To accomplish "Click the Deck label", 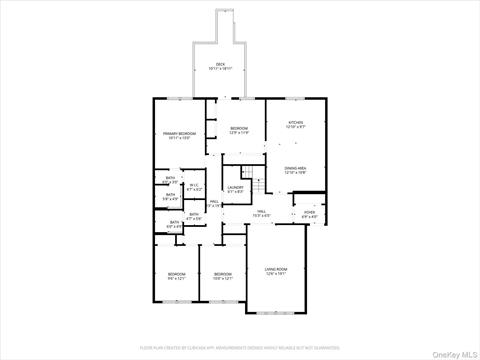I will click(x=221, y=66).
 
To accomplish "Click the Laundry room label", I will click(x=236, y=189).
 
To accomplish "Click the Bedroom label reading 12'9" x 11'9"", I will click(x=239, y=130).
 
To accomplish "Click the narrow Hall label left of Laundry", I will click(x=214, y=206).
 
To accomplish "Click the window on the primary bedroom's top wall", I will click(x=175, y=98).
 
